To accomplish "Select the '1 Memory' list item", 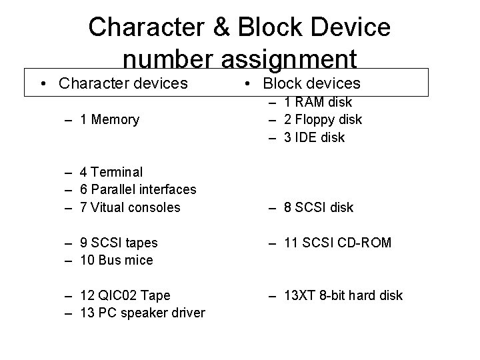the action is (x=109, y=120).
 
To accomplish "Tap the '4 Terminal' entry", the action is (x=111, y=172).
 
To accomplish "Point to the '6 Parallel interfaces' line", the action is (x=138, y=190).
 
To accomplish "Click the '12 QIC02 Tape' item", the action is (x=125, y=295).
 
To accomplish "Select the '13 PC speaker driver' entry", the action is (x=142, y=313).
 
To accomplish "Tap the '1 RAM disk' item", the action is (x=316, y=103).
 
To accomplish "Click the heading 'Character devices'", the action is (x=123, y=83).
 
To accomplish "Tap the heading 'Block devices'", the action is (x=311, y=83).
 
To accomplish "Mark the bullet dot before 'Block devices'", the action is (x=247, y=84).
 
